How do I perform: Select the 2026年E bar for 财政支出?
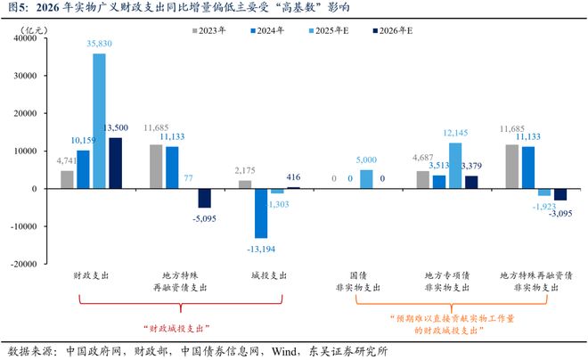[116, 163]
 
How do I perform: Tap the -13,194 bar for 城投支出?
[260, 213]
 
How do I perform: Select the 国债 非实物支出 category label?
[360, 282]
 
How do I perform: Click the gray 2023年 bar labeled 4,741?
[67, 179]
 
